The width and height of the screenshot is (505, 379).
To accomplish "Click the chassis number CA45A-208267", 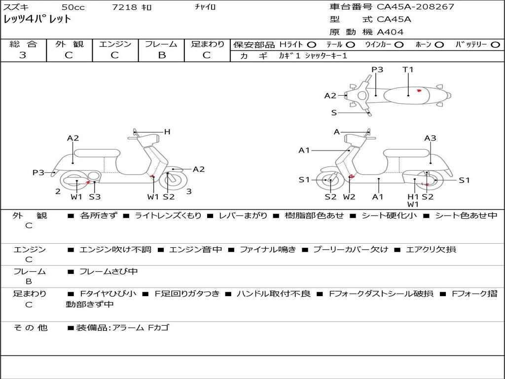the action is pyautogui.click(x=415, y=7).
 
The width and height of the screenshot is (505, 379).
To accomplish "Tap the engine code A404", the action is pyautogui.click(x=390, y=32).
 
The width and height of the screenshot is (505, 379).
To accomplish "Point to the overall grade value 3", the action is pyautogui.click(x=23, y=55).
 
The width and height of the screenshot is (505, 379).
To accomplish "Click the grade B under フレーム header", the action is pyautogui.click(x=161, y=55).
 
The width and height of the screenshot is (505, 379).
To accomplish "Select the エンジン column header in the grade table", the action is pyautogui.click(x=115, y=44).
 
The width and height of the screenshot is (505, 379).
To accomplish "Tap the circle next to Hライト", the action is pyautogui.click(x=311, y=44).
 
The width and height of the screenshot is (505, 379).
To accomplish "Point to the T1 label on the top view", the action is pyautogui.click(x=408, y=70).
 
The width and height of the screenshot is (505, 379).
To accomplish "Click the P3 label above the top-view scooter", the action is pyautogui.click(x=377, y=70).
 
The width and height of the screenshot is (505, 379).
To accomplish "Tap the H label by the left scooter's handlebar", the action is pyautogui.click(x=167, y=132).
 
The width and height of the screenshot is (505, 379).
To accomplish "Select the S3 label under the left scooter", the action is pyautogui.click(x=95, y=197).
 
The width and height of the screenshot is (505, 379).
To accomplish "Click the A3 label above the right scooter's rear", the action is pyautogui.click(x=430, y=138).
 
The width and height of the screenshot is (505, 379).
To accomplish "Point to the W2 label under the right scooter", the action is pyautogui.click(x=349, y=197).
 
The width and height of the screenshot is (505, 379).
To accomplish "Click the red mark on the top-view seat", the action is pyautogui.click(x=419, y=90).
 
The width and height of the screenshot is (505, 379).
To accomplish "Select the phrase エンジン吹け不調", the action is pyautogui.click(x=115, y=249).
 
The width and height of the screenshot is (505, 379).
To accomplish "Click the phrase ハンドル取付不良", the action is pyautogui.click(x=273, y=294).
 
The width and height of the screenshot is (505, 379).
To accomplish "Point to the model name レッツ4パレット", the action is pyautogui.click(x=37, y=20).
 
